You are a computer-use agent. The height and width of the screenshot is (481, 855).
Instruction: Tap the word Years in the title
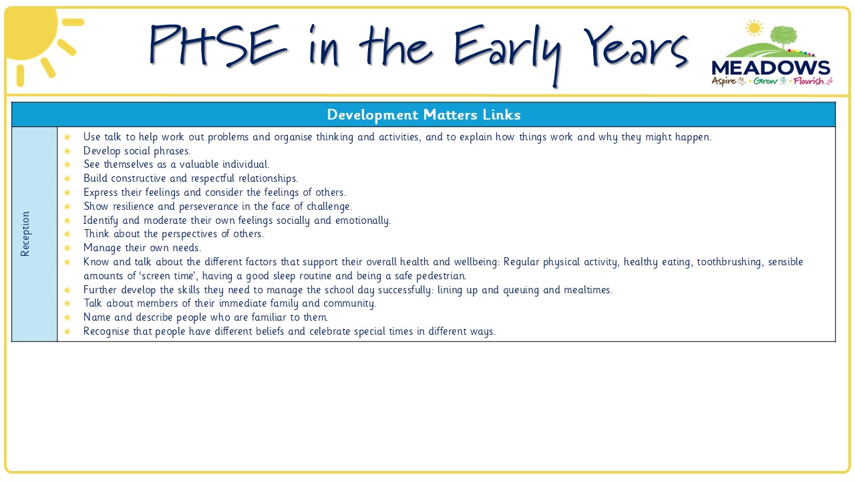click(635, 47)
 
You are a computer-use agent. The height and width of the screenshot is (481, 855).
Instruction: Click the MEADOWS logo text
click(771, 68)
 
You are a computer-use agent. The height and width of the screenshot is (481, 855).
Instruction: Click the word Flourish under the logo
click(808, 81)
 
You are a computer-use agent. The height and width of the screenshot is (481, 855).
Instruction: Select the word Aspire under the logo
click(723, 81)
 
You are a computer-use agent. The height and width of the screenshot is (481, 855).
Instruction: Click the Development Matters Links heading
click(423, 114)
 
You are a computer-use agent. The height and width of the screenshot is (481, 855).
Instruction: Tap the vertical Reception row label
click(25, 234)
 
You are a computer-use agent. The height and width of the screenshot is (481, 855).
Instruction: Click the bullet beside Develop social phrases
click(67, 151)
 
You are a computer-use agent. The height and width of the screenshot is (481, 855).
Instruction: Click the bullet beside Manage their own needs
click(67, 248)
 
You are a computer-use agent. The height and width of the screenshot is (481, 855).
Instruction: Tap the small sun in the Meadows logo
click(754, 28)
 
